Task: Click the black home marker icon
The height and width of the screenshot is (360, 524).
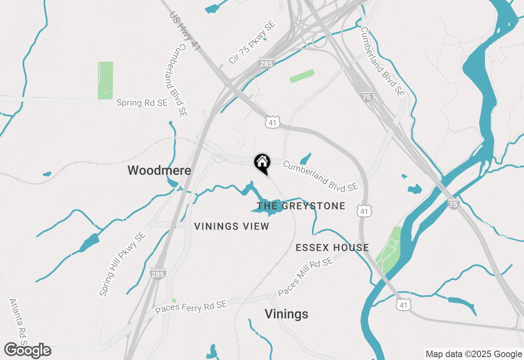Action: tap(262, 163)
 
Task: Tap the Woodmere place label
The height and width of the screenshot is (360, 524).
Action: tap(159, 170)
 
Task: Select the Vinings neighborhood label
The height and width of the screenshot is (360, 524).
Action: tap(286, 314)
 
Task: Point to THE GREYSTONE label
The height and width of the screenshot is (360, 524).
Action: tap(301, 206)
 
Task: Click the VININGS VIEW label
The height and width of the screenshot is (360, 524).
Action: tap(232, 226)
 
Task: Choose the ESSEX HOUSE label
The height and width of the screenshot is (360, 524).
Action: tap(332, 248)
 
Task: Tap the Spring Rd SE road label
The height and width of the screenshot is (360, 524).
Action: tap(142, 103)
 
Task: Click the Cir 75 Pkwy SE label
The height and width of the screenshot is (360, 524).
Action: tap(252, 43)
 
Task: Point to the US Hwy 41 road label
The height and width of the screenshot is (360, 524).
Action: tap(185, 31)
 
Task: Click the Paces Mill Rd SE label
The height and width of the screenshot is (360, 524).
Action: tap(305, 277)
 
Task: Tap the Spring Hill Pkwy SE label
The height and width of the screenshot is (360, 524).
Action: tap(122, 264)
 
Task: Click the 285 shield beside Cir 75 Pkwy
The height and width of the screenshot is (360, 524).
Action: tap(266, 63)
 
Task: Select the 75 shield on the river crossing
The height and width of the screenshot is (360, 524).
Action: tap(453, 205)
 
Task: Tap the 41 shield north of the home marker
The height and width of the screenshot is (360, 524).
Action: tap(272, 122)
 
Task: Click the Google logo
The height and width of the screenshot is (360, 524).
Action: tap(28, 350)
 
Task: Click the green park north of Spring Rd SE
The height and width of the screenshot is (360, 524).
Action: tap(106, 80)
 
